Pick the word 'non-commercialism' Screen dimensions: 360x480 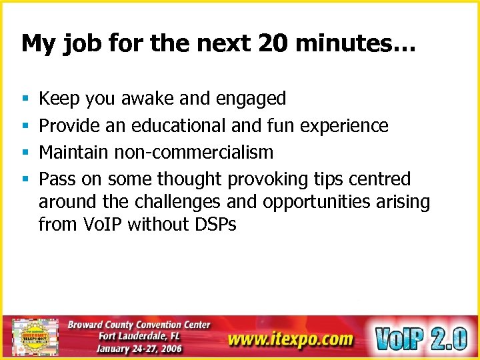[193, 152]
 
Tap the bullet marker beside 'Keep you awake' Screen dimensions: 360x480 [24, 99]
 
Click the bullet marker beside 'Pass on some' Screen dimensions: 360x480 [24, 179]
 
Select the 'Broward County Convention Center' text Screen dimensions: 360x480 [139, 325]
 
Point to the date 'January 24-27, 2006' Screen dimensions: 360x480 [141, 349]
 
